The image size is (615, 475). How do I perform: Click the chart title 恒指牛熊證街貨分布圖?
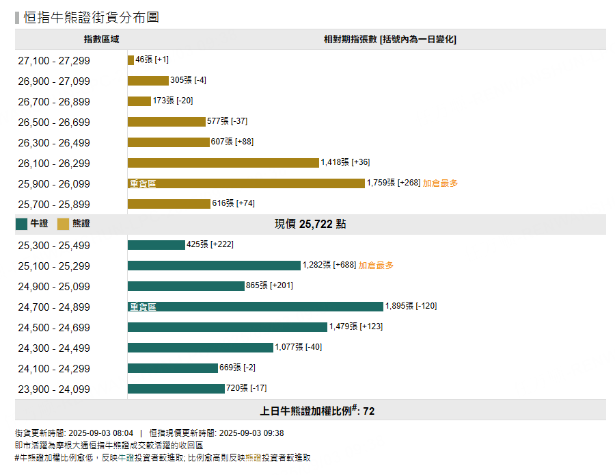point(92,17)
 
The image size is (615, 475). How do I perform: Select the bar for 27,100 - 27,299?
point(131,60)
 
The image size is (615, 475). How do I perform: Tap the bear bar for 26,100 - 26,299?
point(223,163)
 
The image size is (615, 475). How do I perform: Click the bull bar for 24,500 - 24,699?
point(227,327)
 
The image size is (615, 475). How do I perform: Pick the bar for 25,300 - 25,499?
point(156,245)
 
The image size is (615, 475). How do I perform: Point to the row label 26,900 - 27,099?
point(54,81)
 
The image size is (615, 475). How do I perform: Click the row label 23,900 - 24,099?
point(54,389)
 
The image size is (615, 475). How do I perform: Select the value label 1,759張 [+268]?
point(394,183)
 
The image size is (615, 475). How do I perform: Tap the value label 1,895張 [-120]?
point(411,306)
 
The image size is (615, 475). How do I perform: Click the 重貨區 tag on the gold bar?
point(143,184)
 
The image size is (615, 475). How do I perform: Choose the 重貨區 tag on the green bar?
point(143,307)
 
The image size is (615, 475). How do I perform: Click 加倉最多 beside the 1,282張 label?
point(376,266)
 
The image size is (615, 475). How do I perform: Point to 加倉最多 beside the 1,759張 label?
point(440,183)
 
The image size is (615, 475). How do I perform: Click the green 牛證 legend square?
point(22,224)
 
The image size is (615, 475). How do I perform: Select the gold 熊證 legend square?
point(64,224)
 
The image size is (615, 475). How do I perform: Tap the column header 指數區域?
point(101,40)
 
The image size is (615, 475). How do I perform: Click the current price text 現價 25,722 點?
point(310,224)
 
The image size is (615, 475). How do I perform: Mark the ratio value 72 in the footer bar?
point(369,411)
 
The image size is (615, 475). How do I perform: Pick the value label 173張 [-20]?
point(173,101)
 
